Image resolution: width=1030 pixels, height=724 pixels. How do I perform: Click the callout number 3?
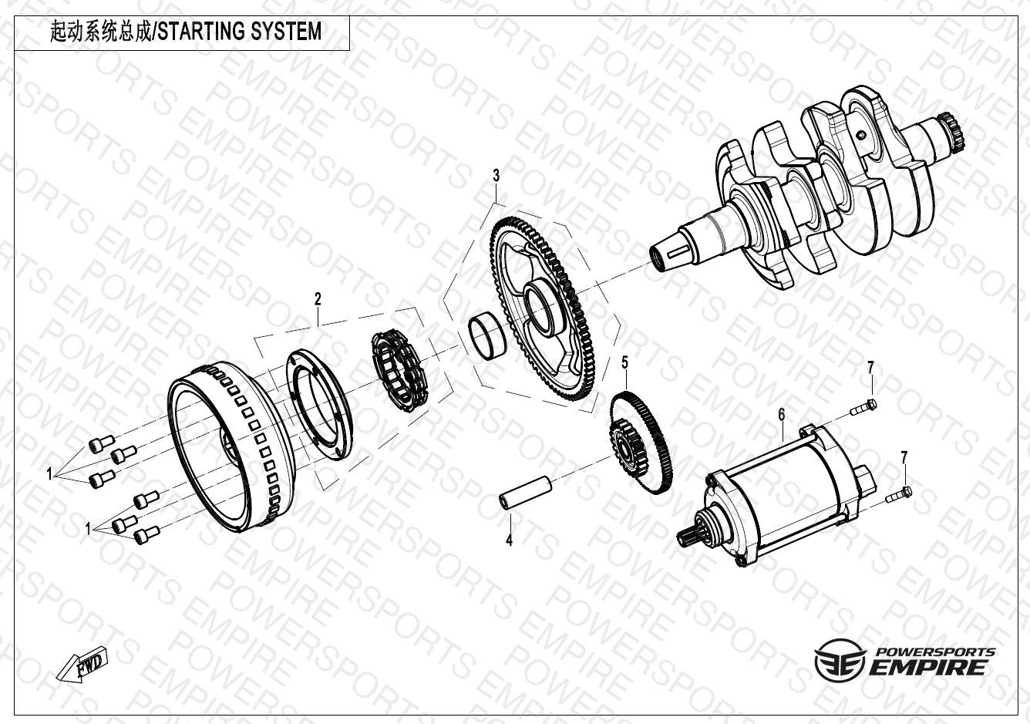(496, 176)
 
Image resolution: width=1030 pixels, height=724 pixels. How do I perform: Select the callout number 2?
(318, 299)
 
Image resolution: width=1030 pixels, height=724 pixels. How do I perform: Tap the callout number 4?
(509, 540)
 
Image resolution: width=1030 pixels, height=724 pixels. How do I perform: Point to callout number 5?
(624, 363)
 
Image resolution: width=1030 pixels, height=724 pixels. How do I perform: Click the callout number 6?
(782, 415)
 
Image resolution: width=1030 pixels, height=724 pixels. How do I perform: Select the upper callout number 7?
(870, 368)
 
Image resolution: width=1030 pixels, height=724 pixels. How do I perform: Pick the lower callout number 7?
(904, 458)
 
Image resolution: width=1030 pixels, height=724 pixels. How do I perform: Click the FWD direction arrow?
(82, 665)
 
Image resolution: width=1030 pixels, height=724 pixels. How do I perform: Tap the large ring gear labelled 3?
(543, 308)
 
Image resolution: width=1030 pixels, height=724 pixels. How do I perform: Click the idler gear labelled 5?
(641, 442)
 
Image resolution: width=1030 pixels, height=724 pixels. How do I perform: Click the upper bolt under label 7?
(863, 408)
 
